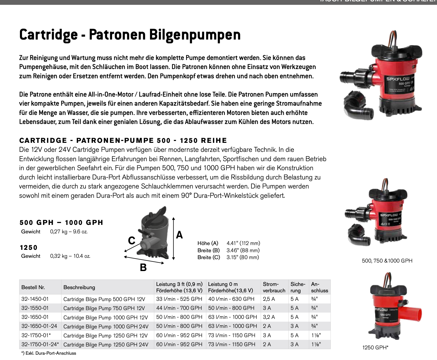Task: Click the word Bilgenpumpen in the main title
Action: tap(195, 35)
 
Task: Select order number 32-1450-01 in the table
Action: tap(35, 299)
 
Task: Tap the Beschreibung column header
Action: tap(79, 287)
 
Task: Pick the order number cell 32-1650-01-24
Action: tap(39, 326)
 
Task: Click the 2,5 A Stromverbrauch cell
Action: tap(269, 299)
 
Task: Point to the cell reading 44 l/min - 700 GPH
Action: tap(179, 308)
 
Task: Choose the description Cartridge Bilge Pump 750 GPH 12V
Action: tap(104, 308)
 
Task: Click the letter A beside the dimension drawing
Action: tap(179, 235)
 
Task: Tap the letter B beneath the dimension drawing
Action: tap(143, 268)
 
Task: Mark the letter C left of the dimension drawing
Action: tap(132, 241)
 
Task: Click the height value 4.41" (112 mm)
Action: tap(243, 243)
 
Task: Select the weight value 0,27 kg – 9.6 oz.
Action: tap(69, 232)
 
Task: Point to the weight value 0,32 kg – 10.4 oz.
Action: tap(70, 256)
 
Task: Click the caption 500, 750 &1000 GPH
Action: tap(387, 261)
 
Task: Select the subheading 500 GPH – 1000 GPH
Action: tap(61, 222)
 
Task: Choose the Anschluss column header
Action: tap(319, 287)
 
